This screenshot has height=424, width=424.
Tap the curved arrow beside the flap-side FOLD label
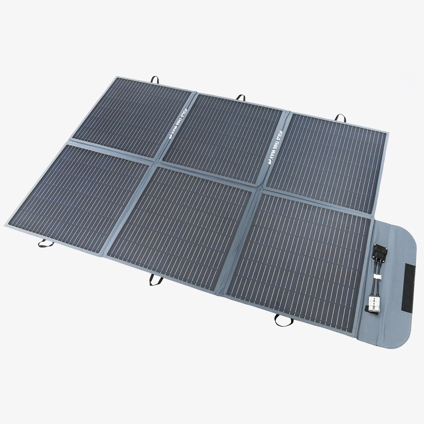pos(269,161)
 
